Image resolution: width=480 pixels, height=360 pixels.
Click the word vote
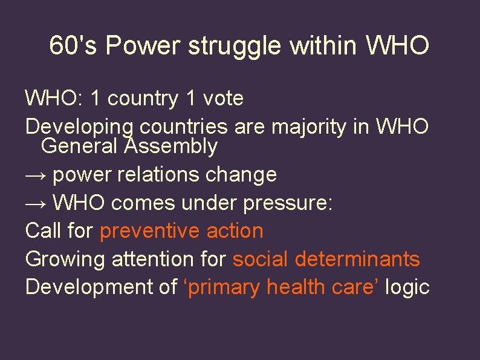click(x=223, y=98)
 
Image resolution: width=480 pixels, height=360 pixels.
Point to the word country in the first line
click(x=142, y=99)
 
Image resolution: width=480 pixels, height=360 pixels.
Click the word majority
click(x=311, y=127)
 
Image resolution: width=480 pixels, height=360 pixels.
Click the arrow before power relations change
click(x=36, y=175)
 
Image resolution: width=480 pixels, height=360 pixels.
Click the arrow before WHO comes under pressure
click(x=36, y=203)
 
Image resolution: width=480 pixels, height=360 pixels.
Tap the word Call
click(x=44, y=231)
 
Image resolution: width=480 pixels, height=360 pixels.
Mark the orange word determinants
click(x=357, y=259)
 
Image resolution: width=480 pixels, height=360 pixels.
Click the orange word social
click(x=261, y=259)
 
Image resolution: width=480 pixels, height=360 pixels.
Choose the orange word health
click(x=296, y=287)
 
